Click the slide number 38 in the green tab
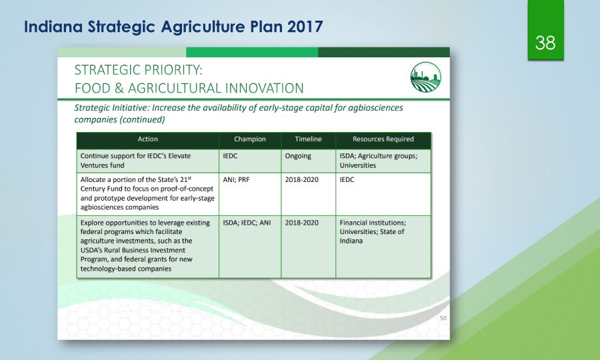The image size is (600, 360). pos(545,43)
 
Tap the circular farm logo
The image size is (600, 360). pos(425,77)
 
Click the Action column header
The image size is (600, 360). pos(148,139)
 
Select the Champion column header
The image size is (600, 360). pos(250,139)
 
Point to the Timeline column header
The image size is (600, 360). pos(309,139)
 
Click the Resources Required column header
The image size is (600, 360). pos(383,139)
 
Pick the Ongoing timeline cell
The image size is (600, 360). pos(298,156)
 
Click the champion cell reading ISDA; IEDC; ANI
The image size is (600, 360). pos(247,223)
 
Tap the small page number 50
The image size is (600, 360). pos(443,318)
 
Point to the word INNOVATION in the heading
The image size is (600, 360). pos(264,89)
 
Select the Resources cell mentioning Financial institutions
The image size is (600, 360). pos(373,232)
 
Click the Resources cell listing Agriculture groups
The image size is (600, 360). pos(379,161)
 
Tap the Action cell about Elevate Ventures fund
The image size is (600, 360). pos(135,161)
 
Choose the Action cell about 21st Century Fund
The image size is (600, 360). pos(147,193)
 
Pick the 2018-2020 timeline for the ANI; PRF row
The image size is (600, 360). pos(301,179)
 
